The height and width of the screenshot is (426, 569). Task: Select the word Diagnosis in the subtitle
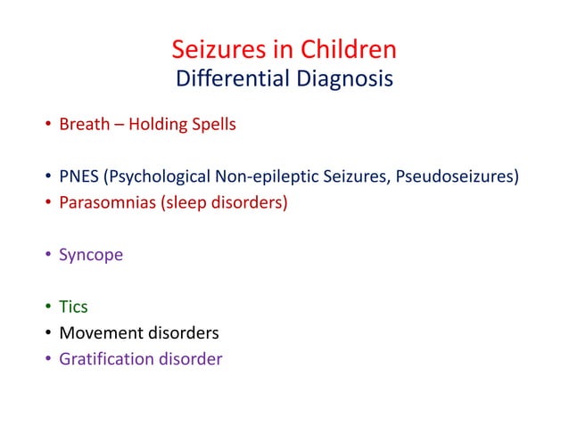[339, 78]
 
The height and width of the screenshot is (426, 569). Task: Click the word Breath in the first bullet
[83, 124]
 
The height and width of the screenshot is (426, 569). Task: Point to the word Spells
[214, 124]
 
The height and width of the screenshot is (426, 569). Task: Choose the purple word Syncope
[91, 255]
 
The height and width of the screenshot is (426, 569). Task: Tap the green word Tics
[73, 307]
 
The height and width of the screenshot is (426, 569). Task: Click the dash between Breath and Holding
[118, 125]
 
